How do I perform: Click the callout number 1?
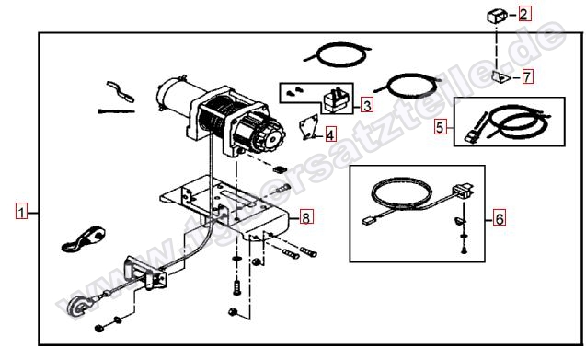[21, 212]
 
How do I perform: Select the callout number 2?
[523, 14]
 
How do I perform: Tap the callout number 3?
[367, 106]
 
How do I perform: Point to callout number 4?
[330, 134]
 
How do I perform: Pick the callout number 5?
[440, 127]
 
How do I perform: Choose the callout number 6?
[499, 218]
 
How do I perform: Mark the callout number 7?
[527, 76]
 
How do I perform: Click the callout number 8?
[306, 217]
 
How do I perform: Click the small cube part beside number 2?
[497, 16]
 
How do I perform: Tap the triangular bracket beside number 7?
[500, 78]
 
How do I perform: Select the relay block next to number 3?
[336, 100]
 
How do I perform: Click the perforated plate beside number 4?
[309, 127]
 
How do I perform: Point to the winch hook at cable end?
[77, 306]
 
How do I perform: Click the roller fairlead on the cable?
[145, 273]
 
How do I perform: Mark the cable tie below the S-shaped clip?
[116, 111]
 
